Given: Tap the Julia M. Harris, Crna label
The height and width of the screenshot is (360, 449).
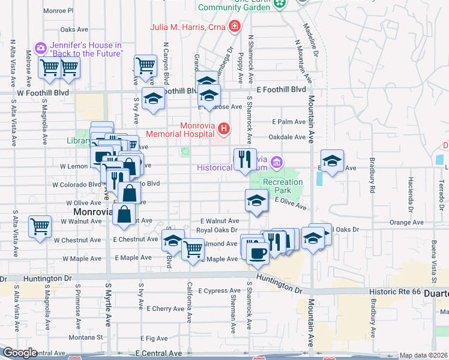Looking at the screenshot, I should point(188,27).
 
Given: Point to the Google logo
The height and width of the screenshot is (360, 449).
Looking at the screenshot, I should point(20,353).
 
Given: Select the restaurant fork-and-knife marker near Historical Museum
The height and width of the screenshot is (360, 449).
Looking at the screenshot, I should point(244,159).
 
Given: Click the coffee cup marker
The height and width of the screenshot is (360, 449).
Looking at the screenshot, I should point(258,251).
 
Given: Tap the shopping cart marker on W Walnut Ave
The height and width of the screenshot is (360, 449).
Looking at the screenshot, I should point(40,227).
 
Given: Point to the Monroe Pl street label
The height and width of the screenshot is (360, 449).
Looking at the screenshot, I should point(58,11).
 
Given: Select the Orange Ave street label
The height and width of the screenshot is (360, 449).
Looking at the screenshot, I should point(406,222).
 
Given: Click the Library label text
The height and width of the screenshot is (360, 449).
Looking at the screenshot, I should point(78,141).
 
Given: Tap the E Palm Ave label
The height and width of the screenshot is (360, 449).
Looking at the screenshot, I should point(289,121).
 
